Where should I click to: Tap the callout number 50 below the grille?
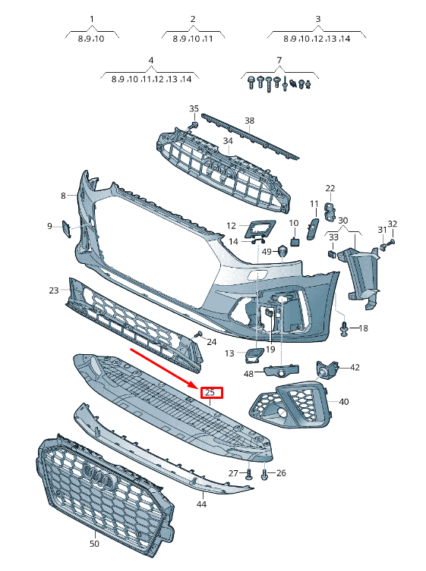[x=94, y=544]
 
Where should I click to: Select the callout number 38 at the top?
[x=249, y=121]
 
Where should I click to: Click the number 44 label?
[x=201, y=504]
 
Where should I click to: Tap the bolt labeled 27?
[x=249, y=475]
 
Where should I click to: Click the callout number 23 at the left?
[x=53, y=290]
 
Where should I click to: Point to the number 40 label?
[x=344, y=401]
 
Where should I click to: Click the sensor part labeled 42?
[x=328, y=369]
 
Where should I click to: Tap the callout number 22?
[x=330, y=188]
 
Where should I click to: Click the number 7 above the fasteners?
[x=279, y=60]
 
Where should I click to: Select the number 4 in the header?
[x=151, y=60]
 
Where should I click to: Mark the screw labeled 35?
[x=194, y=124]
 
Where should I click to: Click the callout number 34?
[x=228, y=141]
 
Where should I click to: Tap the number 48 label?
[x=248, y=374]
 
